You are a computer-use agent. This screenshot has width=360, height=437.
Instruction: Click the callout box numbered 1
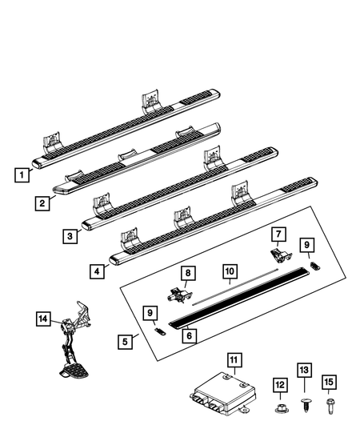22,175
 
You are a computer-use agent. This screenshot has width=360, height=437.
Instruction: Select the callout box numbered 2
42,203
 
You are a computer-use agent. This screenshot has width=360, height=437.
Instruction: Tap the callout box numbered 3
70,236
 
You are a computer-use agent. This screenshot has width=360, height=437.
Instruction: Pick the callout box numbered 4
98,271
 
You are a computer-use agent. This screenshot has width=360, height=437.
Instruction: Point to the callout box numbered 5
125,342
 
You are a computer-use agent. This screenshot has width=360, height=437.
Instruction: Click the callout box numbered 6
190,335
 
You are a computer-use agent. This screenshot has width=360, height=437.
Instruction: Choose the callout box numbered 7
279,235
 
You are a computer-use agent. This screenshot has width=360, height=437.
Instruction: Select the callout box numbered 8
188,273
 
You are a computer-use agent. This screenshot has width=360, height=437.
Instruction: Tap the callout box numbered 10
230,271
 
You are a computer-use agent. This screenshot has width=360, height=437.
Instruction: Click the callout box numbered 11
234,360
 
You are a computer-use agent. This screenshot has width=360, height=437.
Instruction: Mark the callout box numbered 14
43,319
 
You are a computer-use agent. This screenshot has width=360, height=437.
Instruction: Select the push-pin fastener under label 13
306,405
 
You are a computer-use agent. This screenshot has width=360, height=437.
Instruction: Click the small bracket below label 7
281,255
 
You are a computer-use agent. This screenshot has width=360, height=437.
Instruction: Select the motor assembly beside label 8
180,295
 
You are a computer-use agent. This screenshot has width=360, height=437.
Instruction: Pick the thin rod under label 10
235,287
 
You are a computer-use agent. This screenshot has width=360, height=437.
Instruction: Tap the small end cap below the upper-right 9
315,266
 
